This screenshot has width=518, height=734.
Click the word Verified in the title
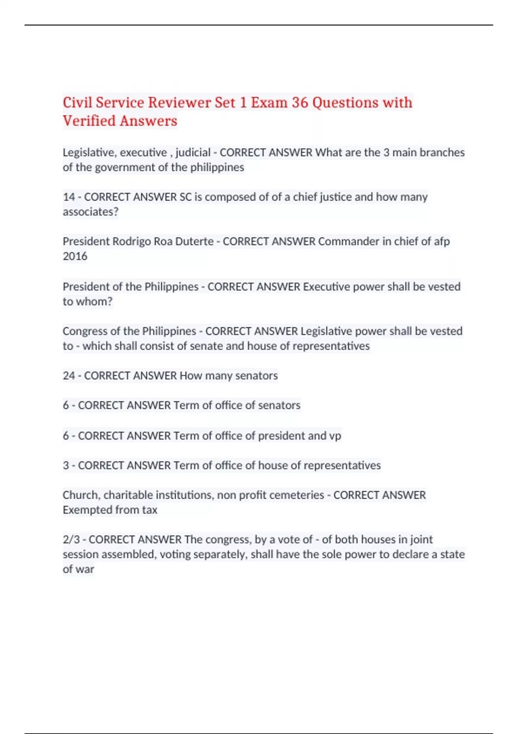point(89,121)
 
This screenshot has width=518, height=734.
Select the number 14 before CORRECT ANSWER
point(69,197)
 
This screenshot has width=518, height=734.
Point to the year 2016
point(75,256)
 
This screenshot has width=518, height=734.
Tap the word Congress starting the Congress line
point(85,331)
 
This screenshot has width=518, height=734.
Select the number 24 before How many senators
point(69,376)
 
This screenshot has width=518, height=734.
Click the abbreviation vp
point(335,436)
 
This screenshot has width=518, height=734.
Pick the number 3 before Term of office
point(66,465)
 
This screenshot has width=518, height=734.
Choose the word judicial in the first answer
point(193,152)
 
